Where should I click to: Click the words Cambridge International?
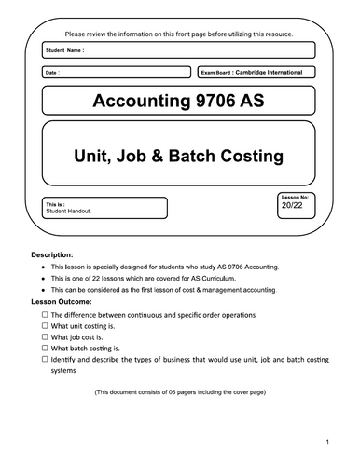(x=276, y=72)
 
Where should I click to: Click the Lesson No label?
(x=292, y=199)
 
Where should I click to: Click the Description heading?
(x=59, y=254)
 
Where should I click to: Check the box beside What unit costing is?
(x=45, y=326)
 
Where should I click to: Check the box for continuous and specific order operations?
(x=45, y=316)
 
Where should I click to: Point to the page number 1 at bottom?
(x=327, y=440)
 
